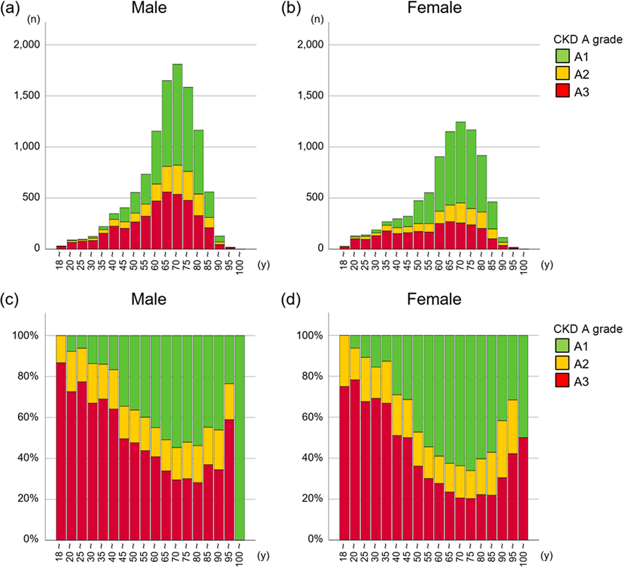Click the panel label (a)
coord(10,8)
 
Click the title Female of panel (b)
coord(434,8)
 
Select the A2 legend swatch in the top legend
coord(562,74)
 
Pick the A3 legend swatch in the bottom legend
coord(562,381)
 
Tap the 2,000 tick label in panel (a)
coord(27,45)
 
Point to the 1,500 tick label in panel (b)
coord(310,95)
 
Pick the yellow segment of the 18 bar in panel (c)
coord(61,349)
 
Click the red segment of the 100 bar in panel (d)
coord(523,489)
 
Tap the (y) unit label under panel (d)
coord(547,556)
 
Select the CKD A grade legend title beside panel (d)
coord(587,329)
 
